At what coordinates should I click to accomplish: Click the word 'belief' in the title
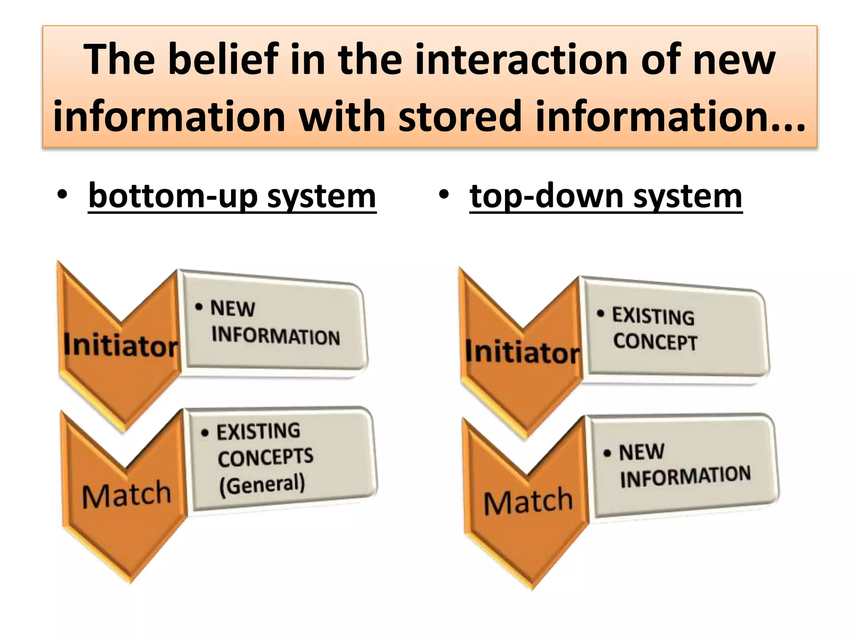pos(223,59)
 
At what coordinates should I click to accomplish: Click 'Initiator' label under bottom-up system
pos(121,345)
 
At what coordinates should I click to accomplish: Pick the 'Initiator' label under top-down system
pos(523,352)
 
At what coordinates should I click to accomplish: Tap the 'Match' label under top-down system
pos(528,501)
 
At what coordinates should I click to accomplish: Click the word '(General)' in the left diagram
pos(262,485)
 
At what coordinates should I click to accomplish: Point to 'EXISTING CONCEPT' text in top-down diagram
pos(654,329)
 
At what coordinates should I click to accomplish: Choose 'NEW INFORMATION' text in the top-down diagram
pos(685,465)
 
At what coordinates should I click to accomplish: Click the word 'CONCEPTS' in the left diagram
pos(265,457)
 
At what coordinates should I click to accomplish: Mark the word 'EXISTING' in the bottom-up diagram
pos(258,431)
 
